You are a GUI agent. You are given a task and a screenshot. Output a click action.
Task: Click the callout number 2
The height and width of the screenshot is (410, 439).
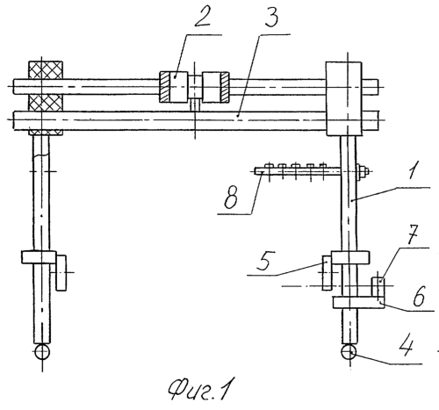pos(202,15)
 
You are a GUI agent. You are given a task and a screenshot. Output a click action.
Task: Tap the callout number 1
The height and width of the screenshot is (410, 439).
pos(412,169)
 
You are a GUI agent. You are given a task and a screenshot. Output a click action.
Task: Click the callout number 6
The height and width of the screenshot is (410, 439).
pos(419,296)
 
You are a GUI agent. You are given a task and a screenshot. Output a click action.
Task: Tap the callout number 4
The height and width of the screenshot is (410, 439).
pos(406,347)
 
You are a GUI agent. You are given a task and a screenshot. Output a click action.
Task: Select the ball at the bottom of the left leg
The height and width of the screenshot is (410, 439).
pos(42,351)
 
